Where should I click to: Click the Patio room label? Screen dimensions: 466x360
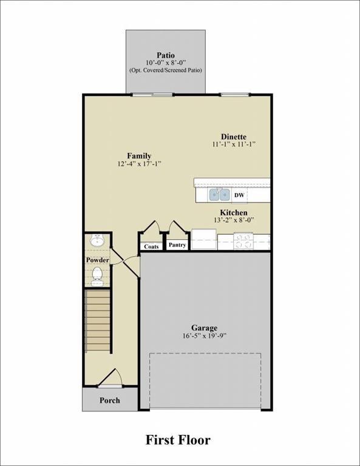pyautogui.click(x=165, y=55)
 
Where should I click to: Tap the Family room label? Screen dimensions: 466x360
pyautogui.click(x=139, y=156)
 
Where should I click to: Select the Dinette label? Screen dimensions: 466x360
pyautogui.click(x=234, y=137)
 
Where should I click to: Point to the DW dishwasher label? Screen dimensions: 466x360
pyautogui.click(x=239, y=195)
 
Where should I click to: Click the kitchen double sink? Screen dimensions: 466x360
pyautogui.click(x=220, y=195)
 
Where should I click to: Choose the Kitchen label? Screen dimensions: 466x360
pyautogui.click(x=234, y=212)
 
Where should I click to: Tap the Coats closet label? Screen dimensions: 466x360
pyautogui.click(x=151, y=246)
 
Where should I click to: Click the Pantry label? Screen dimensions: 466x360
pyautogui.click(x=177, y=245)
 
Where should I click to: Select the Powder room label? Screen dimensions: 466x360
pyautogui.click(x=97, y=260)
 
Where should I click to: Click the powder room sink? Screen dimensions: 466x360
pyautogui.click(x=97, y=241)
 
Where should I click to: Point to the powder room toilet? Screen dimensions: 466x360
pyautogui.click(x=97, y=277)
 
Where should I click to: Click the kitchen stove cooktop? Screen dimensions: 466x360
pyautogui.click(x=244, y=241)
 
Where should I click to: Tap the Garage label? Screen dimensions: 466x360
pyautogui.click(x=205, y=328)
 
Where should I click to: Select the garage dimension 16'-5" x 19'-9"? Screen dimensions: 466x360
pyautogui.click(x=205, y=336)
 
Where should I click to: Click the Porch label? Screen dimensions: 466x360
pyautogui.click(x=109, y=400)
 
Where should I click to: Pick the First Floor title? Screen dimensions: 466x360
pyautogui.click(x=178, y=439)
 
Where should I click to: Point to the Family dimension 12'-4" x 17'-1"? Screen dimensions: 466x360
pyautogui.click(x=139, y=164)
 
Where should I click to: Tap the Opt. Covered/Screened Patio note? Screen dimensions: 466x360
pyautogui.click(x=165, y=70)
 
